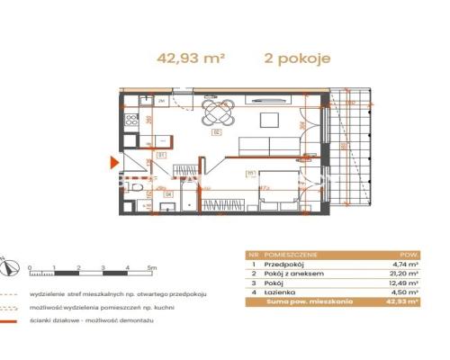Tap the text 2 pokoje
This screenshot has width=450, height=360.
(x=299, y=58)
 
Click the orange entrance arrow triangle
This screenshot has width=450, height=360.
(x=112, y=163)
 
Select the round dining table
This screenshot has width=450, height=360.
(x=219, y=113)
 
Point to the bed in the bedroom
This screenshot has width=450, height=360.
(x=265, y=190)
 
